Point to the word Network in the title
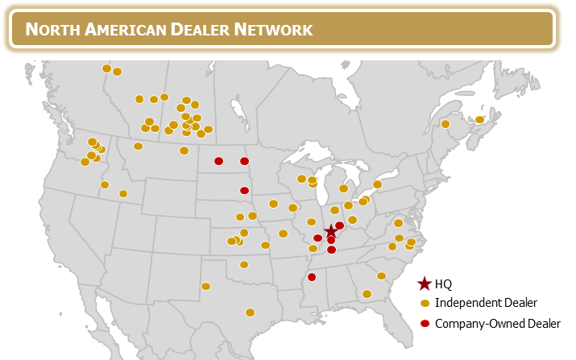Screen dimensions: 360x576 click(x=273, y=30)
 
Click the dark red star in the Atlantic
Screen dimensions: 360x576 click(x=425, y=283)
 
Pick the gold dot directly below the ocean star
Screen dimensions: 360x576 click(x=425, y=304)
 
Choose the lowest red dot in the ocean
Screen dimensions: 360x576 click(x=425, y=324)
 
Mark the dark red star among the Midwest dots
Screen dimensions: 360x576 click(x=330, y=231)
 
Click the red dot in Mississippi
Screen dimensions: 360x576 click(x=312, y=277)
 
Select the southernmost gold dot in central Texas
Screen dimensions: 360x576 click(x=250, y=312)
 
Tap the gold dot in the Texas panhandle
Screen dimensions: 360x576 click(x=205, y=286)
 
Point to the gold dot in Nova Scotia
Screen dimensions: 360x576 click(x=479, y=120)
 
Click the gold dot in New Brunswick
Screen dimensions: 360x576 click(x=445, y=124)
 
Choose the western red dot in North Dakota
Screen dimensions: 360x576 click(x=218, y=161)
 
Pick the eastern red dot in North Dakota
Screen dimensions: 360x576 click(x=244, y=161)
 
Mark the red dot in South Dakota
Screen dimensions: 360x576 click(x=244, y=191)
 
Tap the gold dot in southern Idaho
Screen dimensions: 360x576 click(x=123, y=193)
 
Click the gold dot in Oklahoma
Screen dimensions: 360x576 click(x=244, y=264)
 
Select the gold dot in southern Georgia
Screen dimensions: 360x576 click(x=367, y=294)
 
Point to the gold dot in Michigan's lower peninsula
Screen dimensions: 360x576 click(x=343, y=188)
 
